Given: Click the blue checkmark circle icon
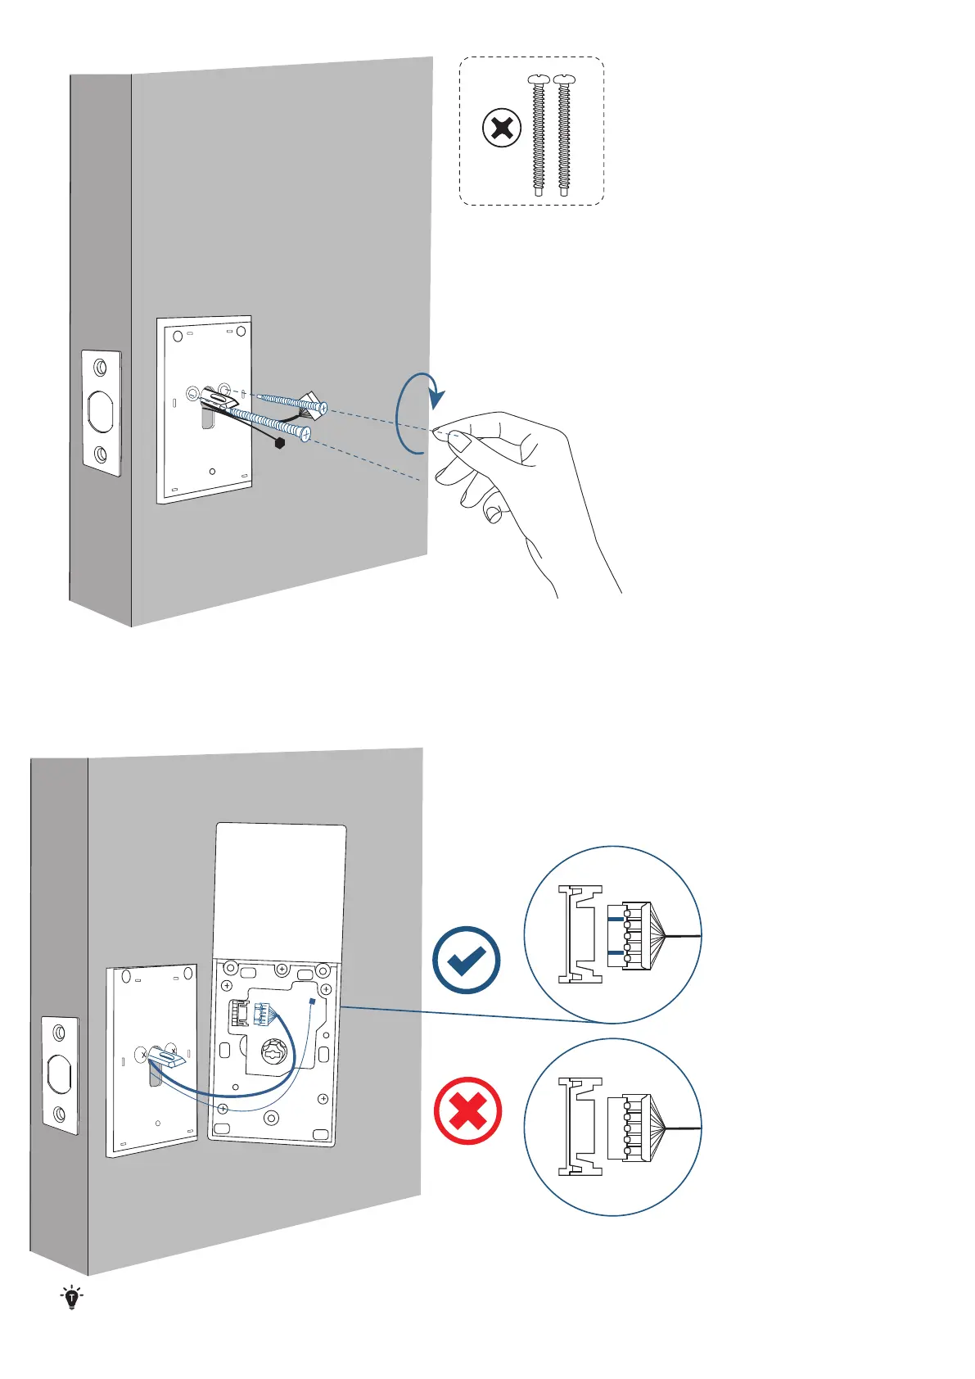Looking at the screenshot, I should [x=467, y=960].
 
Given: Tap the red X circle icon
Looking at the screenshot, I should [x=467, y=1111].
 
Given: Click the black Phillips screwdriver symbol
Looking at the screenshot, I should [x=502, y=129].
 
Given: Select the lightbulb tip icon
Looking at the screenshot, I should [x=72, y=1297].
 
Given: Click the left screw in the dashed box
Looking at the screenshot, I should [x=538, y=135].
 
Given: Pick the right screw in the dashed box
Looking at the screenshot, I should [x=563, y=135].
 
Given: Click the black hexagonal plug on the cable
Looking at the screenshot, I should [x=281, y=444].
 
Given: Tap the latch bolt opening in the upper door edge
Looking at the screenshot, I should [x=102, y=412].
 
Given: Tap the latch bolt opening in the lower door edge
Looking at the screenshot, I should [x=60, y=1074].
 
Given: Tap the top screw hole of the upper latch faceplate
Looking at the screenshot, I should [x=100, y=366].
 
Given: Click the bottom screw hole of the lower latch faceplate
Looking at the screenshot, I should [x=59, y=1114].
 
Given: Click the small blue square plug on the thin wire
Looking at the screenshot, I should [x=313, y=1001].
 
